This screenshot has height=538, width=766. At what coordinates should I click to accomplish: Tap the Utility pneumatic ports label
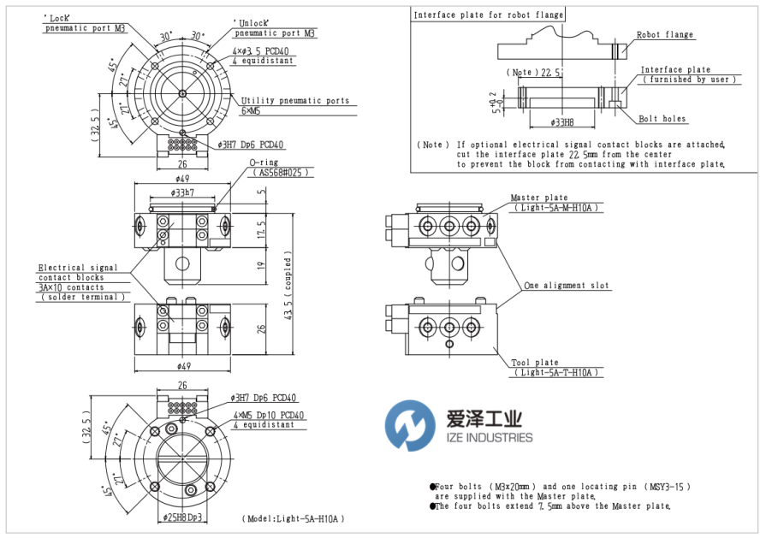click(x=295, y=101)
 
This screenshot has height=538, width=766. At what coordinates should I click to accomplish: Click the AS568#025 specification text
click(x=279, y=172)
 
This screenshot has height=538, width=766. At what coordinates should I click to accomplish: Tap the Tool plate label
click(x=536, y=363)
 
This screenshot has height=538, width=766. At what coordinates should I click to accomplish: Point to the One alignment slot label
click(x=567, y=285)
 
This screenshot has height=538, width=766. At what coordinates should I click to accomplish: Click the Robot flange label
click(x=665, y=35)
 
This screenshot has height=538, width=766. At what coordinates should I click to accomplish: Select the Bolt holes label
click(x=662, y=119)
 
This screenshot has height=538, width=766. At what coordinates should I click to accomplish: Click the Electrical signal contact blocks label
click(x=78, y=273)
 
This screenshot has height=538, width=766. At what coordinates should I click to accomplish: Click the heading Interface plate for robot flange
click(x=488, y=15)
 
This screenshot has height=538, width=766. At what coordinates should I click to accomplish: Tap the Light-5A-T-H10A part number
click(x=556, y=373)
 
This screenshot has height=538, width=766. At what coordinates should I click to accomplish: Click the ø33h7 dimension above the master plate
click(x=182, y=193)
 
